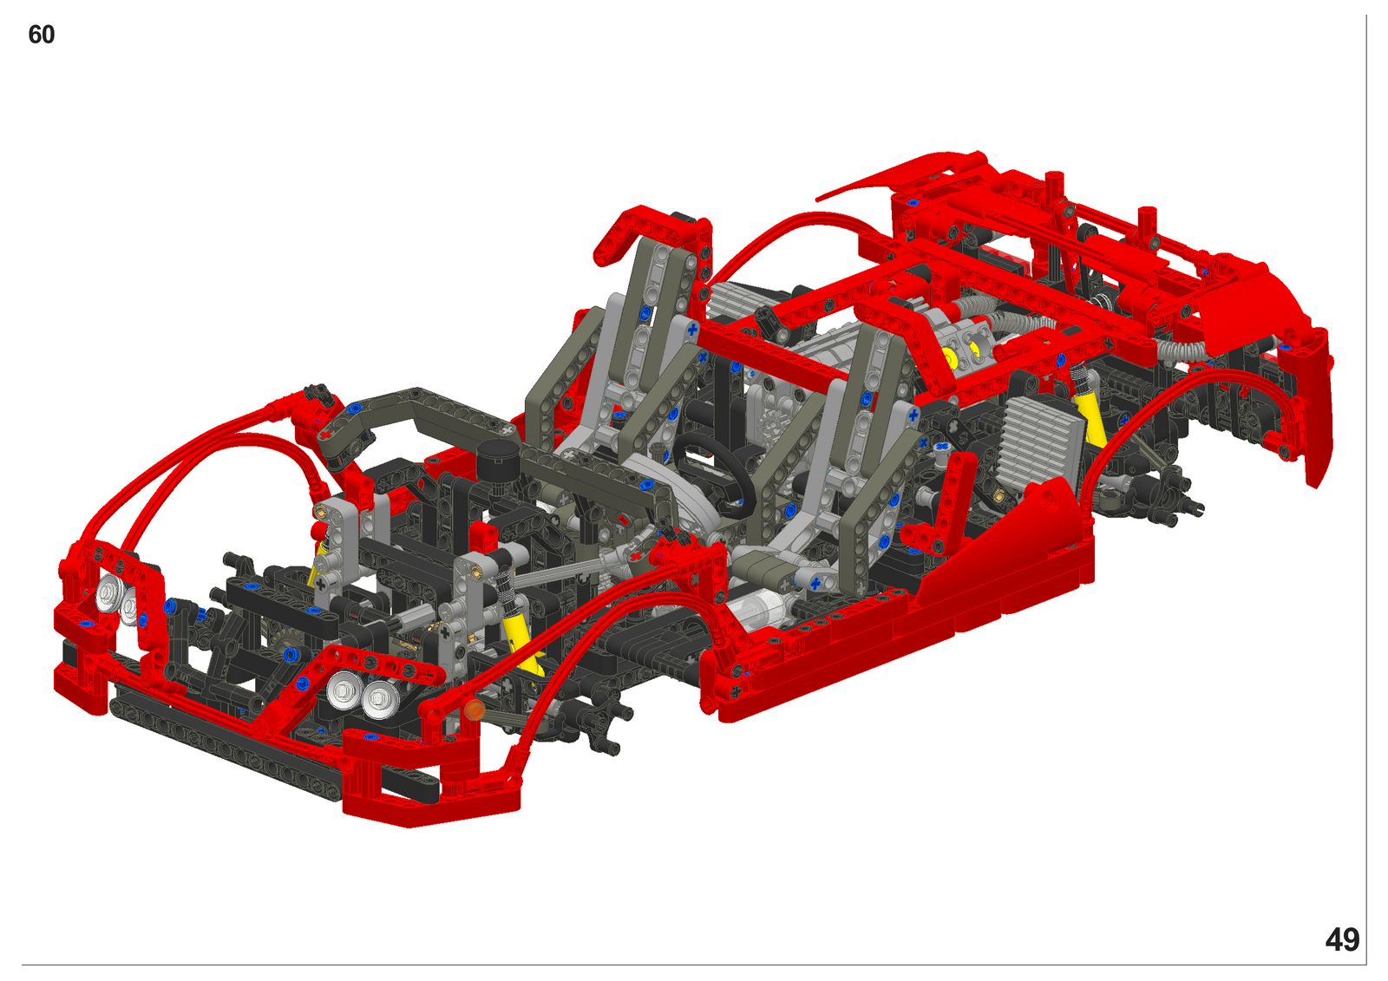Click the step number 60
click(42, 35)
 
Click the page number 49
click(1342, 940)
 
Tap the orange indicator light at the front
click(474, 710)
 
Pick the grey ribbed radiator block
click(1041, 443)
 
